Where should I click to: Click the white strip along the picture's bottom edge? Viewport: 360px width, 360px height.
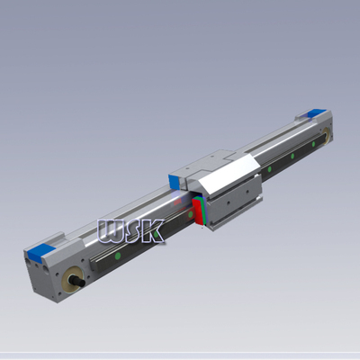180,355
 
